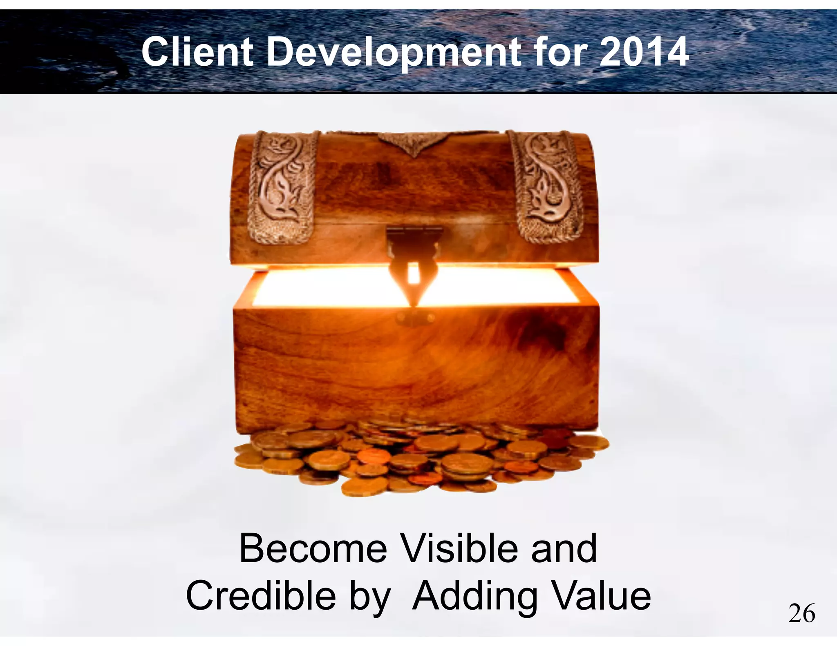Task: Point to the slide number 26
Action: [x=801, y=614]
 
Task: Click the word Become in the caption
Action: [x=313, y=549]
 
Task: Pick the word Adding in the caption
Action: [x=475, y=597]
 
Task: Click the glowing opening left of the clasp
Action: [x=327, y=288]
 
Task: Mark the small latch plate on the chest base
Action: [x=414, y=316]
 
